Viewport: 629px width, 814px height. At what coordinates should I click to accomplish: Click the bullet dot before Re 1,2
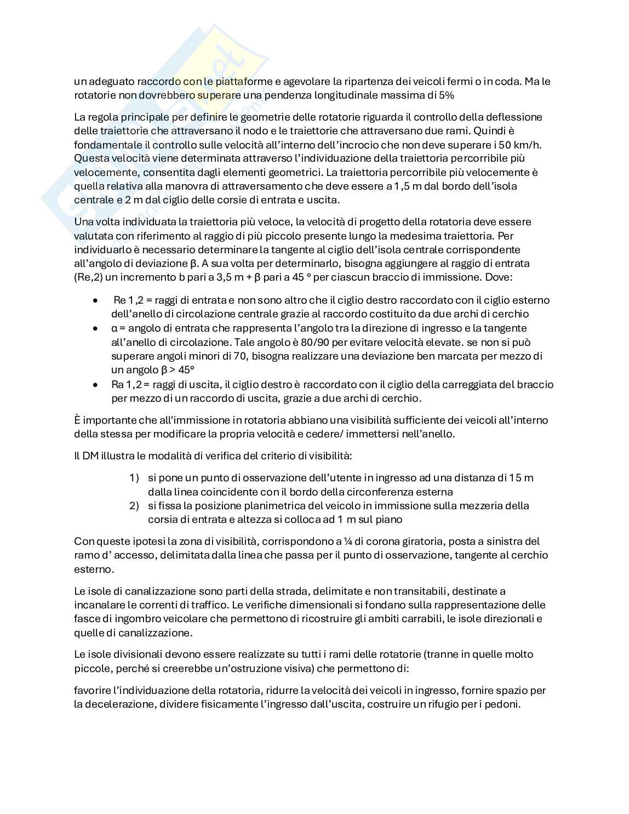[x=96, y=300]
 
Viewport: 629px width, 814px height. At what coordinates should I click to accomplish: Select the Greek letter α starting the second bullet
[x=114, y=328]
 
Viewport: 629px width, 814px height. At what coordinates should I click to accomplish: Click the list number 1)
[x=134, y=477]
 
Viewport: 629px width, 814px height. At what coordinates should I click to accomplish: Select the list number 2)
[x=134, y=505]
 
